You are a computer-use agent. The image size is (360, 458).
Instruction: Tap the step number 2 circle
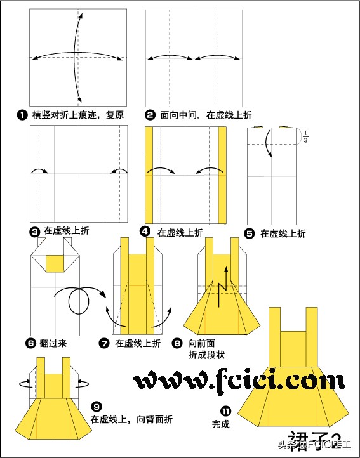tap(150, 115)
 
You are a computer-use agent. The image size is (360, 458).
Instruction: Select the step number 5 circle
tap(250, 233)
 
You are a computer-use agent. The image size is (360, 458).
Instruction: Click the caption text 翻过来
tap(53, 344)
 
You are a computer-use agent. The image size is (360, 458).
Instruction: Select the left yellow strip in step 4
tap(149, 174)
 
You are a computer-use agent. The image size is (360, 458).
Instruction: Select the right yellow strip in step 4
tap(222, 174)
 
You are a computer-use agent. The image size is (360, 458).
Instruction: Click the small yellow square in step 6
tap(56, 261)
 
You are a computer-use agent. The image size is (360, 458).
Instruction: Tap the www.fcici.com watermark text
tap(239, 381)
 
